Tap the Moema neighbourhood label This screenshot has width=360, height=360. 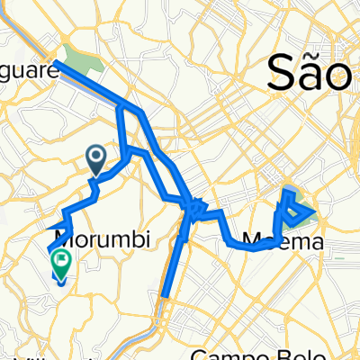point(270,241)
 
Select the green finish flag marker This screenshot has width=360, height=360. point(62,262)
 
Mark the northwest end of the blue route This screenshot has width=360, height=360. point(57,63)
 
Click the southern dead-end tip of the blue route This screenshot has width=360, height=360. point(165,293)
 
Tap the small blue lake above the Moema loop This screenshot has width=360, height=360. point(290,190)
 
